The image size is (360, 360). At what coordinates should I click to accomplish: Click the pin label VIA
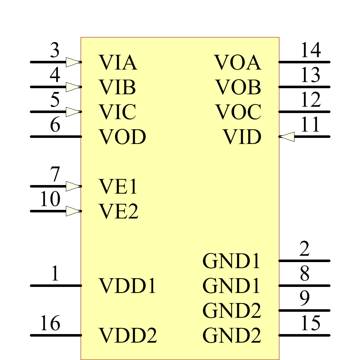click(x=118, y=62)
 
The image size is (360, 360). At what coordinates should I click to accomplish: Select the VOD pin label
click(x=122, y=137)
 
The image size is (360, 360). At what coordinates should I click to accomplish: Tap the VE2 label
click(x=118, y=211)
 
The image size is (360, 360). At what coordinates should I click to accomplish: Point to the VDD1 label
click(x=127, y=286)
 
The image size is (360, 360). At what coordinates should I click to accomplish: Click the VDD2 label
click(x=128, y=336)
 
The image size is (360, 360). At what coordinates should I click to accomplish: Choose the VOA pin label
click(x=238, y=62)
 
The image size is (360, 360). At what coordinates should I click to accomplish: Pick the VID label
click(x=242, y=137)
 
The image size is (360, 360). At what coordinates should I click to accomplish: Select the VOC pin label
click(x=238, y=112)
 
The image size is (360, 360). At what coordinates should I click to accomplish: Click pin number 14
click(x=310, y=50)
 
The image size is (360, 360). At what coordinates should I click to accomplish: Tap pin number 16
click(x=50, y=323)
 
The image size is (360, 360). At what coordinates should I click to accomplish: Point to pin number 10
click(x=50, y=199)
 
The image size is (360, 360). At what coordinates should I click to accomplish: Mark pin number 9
click(x=305, y=298)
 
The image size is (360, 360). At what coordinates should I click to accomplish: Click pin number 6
click(x=55, y=125)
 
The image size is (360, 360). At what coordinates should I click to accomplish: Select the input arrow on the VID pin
click(x=287, y=137)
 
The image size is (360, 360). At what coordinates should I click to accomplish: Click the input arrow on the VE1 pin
click(x=73, y=186)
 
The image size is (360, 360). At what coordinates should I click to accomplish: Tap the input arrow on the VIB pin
click(x=73, y=87)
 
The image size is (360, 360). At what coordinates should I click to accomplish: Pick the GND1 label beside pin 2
click(x=231, y=261)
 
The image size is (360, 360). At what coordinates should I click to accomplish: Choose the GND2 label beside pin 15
click(x=231, y=336)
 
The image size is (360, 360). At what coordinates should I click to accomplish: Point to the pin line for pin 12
click(x=304, y=112)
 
